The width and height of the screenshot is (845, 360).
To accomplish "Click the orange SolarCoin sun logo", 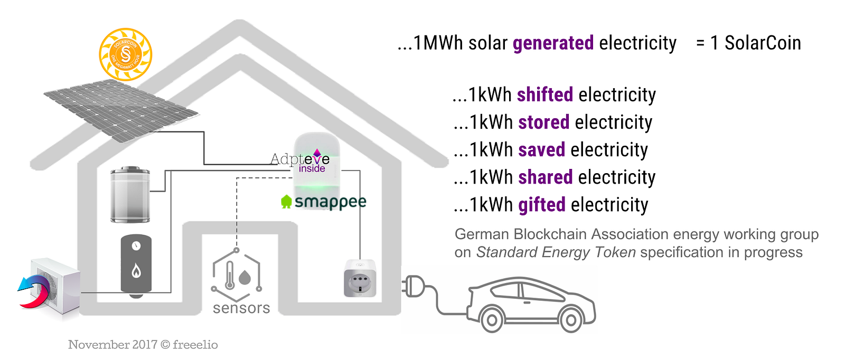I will (126, 54).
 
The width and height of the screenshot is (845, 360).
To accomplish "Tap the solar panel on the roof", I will (121, 110).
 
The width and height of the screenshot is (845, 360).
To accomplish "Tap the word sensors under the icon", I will (241, 308).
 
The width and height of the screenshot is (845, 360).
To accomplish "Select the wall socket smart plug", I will (360, 278).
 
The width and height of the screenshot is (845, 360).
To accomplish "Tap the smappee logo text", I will (330, 202).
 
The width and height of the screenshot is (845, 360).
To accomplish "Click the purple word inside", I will (312, 168).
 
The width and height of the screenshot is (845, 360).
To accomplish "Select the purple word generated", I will (553, 43).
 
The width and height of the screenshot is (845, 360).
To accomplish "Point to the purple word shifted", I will (544, 94).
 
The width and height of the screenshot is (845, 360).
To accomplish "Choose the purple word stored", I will (543, 122).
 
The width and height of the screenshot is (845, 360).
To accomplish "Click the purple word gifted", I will (541, 205).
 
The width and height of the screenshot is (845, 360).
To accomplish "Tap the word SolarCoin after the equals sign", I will (762, 43).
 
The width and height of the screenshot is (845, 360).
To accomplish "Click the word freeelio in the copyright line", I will (195, 345).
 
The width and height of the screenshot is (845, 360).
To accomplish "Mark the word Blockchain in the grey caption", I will (549, 234).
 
